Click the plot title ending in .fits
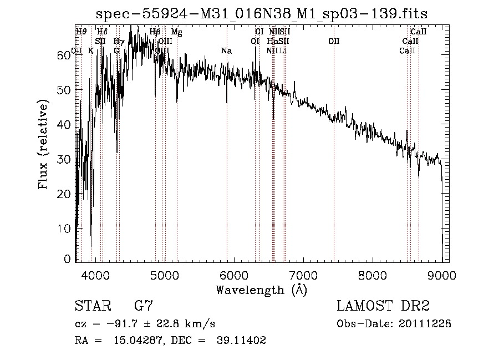pyautogui.click(x=262, y=13)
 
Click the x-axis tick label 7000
pyautogui.click(x=303, y=275)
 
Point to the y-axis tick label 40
pyautogui.click(x=65, y=125)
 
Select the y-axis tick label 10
pyautogui.click(x=65, y=229)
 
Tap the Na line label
pyautogui.click(x=226, y=51)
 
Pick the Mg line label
pyautogui.click(x=176, y=32)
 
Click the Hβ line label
pyautogui.click(x=155, y=32)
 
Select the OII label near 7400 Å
pyautogui.click(x=334, y=41)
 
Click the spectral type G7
pyautogui.click(x=144, y=306)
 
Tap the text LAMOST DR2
pyautogui.click(x=383, y=306)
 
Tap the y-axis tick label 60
pyautogui.click(x=65, y=55)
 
